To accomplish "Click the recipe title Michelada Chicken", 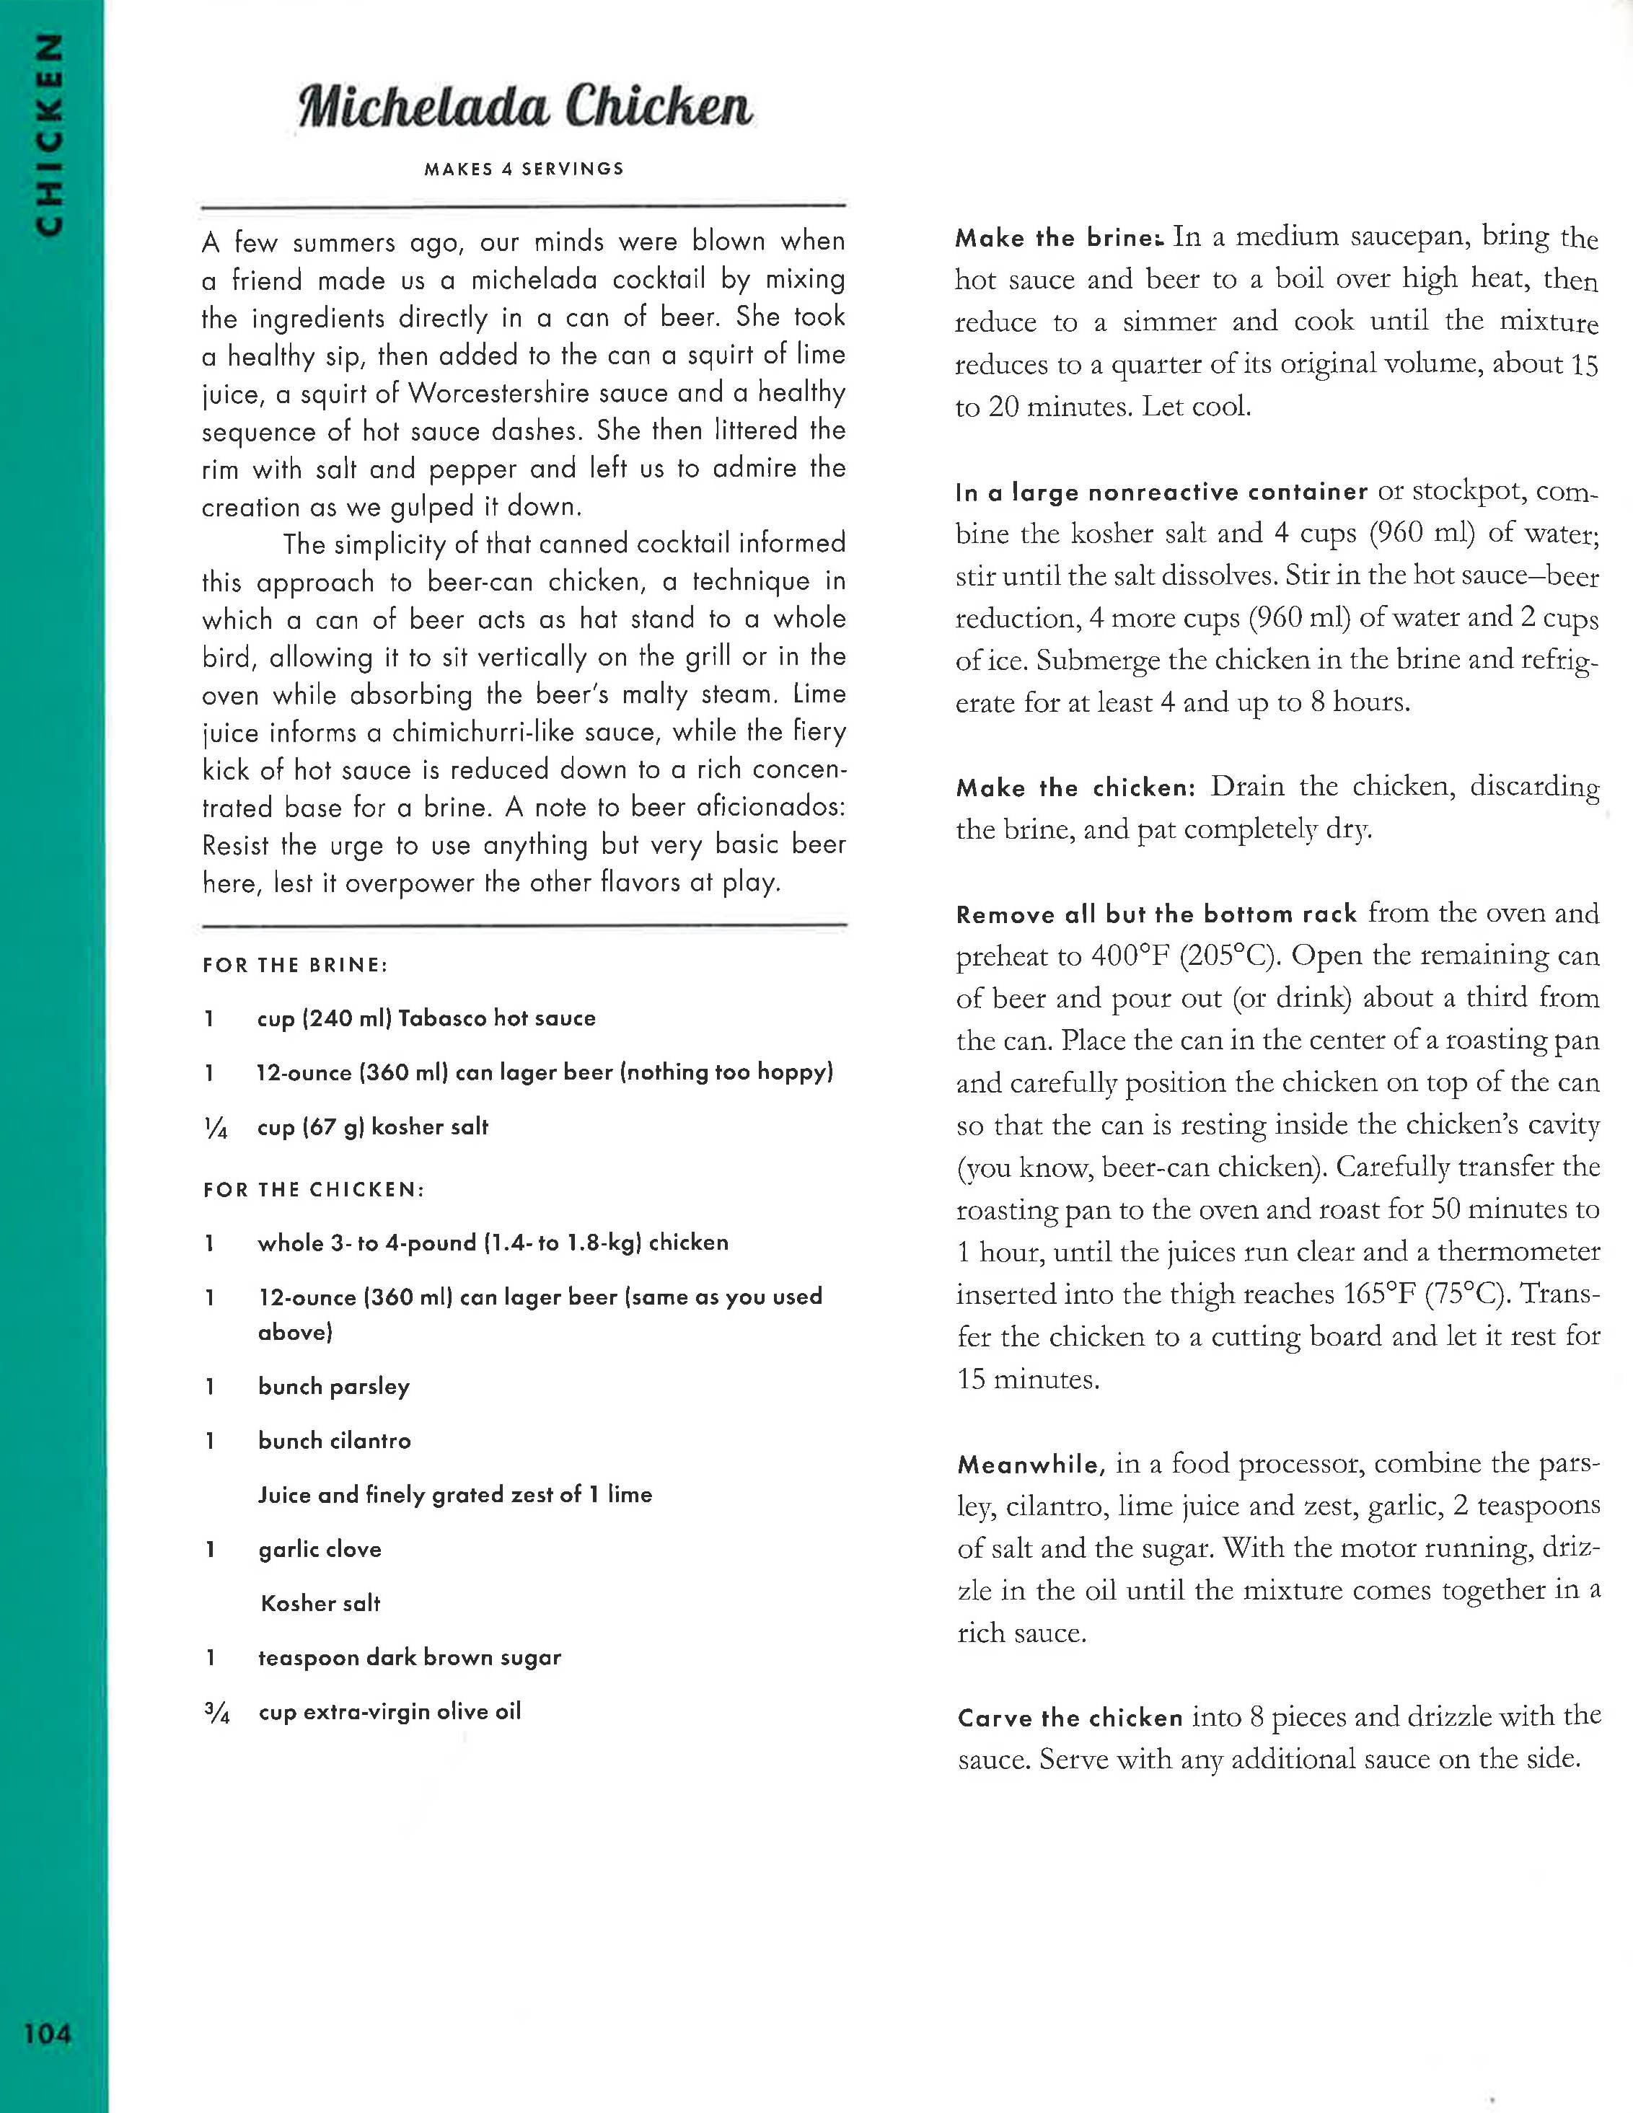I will [x=525, y=107].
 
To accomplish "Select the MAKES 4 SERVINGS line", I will [x=524, y=168].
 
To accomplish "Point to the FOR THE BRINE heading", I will [x=295, y=965].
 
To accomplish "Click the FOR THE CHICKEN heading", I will [x=314, y=1189].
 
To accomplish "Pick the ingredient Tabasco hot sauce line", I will [x=426, y=1018].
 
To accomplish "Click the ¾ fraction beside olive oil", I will [x=216, y=1713].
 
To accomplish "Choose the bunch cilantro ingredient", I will [x=334, y=1441].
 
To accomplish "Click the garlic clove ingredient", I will [x=320, y=1549].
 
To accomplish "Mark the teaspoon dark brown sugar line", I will [x=408, y=1657].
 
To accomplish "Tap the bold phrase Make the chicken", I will [x=1075, y=788].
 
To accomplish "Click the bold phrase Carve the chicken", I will [x=1070, y=1719].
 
